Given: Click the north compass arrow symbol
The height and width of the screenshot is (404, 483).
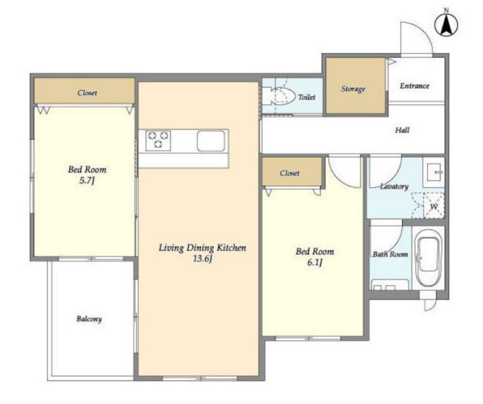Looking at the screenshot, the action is (446, 25).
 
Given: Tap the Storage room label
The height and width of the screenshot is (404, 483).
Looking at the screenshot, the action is (353, 89).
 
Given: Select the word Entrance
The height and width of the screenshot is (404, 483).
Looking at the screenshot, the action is (414, 86).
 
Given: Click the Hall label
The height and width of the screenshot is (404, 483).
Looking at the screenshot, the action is (402, 130).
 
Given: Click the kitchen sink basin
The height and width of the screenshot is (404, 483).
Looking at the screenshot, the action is (211, 141).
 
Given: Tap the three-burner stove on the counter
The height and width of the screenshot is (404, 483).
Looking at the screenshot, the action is (158, 140).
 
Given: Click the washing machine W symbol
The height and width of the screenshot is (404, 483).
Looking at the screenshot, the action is (434, 206).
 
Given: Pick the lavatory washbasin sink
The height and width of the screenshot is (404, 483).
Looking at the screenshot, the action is (434, 173).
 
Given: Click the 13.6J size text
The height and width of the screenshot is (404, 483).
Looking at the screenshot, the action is (202, 259).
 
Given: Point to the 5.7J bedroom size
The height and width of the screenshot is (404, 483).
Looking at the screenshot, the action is (87, 181).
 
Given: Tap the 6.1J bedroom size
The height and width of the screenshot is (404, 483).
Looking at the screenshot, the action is (315, 262).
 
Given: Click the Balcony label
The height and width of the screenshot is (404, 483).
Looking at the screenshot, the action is (89, 319).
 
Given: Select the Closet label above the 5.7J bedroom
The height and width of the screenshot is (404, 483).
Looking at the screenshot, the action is (87, 92).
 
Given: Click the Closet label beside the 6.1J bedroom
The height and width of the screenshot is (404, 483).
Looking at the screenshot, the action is (290, 173).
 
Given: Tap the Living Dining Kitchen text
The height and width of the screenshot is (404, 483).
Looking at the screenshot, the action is (202, 248).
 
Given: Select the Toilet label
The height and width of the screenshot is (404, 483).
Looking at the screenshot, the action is (306, 97).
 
